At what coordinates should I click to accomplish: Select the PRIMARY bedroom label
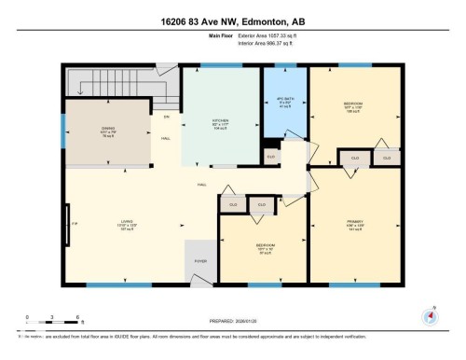point(351,223)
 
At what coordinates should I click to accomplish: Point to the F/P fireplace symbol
point(68,224)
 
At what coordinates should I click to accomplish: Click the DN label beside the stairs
point(167,117)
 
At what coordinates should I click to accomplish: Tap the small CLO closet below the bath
point(271,157)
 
